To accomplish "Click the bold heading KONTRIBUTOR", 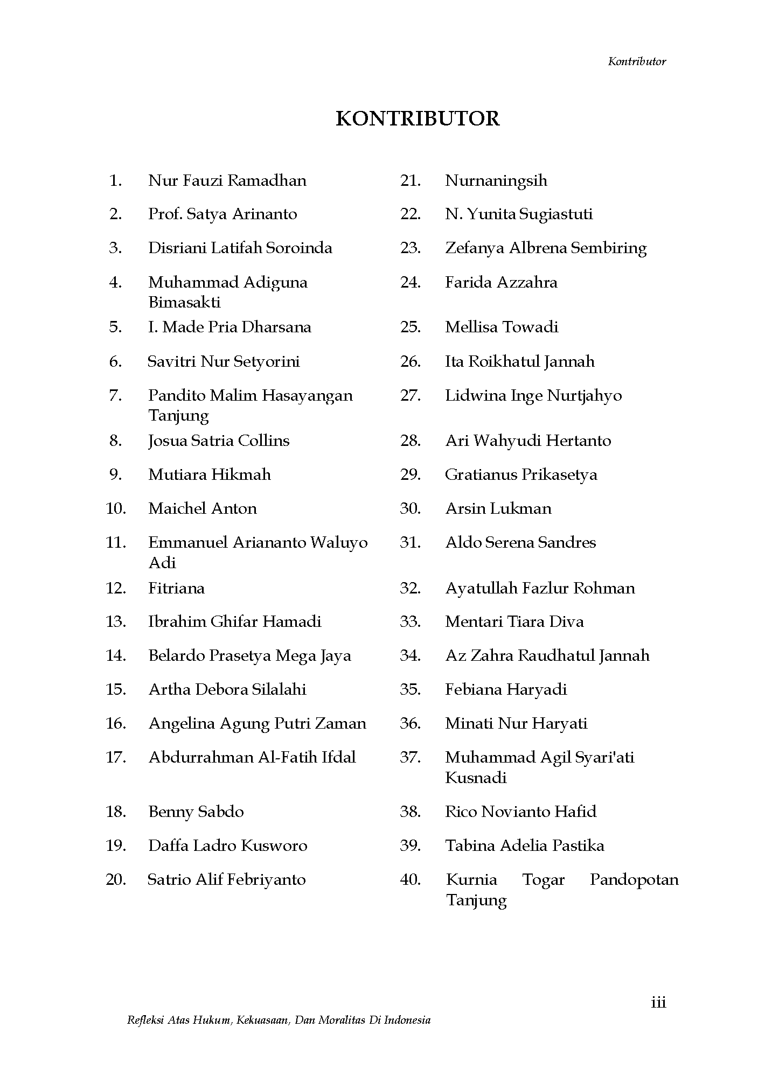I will click(418, 118).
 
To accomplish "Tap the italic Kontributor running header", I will click(637, 61).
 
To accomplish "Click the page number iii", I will click(658, 1002).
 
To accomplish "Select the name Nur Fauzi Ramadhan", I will click(227, 180).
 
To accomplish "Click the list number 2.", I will click(115, 214).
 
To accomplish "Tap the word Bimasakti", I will click(184, 303).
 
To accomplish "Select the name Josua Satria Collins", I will click(219, 441).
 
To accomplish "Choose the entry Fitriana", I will click(176, 588).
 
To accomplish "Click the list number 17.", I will click(115, 757).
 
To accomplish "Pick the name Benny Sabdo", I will click(196, 812).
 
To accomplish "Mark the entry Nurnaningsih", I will click(496, 180).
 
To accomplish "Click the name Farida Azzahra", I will click(501, 282).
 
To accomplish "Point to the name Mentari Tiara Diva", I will click(514, 621).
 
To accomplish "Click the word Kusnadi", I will click(476, 778).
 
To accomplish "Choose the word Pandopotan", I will click(634, 879).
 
